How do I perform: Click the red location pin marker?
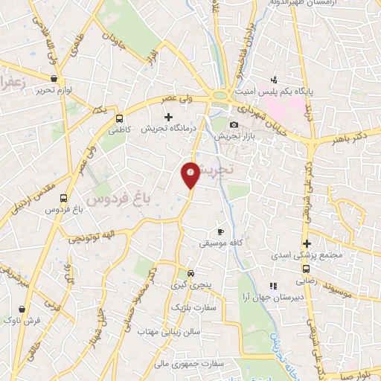pos(190,173)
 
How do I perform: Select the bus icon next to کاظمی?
pos(119,118)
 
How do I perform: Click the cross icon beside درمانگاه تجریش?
pos(168,117)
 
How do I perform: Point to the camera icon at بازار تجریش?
pos(234,125)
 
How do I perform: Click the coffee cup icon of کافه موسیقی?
pos(220,231)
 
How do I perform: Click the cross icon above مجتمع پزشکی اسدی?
pos(306,244)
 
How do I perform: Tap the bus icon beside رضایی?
pos(306,270)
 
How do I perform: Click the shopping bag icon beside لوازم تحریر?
pos(53,78)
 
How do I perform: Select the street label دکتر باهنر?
pos(350,135)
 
